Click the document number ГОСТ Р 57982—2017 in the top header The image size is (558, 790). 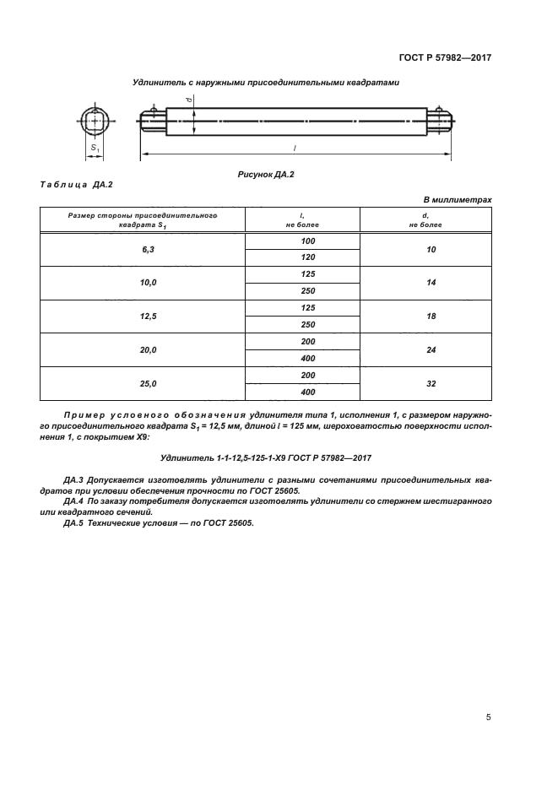[x=445, y=58]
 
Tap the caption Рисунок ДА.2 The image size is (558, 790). [x=266, y=173]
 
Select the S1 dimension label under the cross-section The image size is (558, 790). [x=95, y=149]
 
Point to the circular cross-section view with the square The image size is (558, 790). [x=95, y=121]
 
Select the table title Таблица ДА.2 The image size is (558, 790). [x=77, y=185]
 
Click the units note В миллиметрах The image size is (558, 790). [x=457, y=199]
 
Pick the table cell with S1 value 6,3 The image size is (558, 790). [x=143, y=250]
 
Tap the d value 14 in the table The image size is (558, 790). [x=431, y=283]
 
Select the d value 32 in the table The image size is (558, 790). [x=431, y=383]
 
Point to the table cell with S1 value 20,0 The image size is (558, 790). [x=143, y=349]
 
